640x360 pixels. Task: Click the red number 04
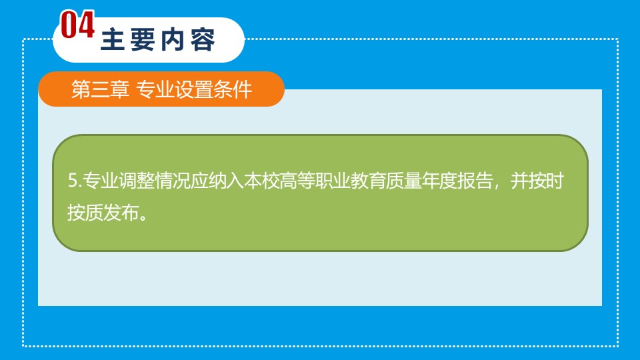(77, 25)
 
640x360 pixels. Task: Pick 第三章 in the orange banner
(101, 89)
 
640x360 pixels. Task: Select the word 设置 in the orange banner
(193, 89)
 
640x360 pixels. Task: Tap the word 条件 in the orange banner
(233, 89)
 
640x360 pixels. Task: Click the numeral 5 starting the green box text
(73, 181)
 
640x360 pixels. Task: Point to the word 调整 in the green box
(136, 181)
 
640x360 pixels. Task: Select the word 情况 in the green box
(172, 181)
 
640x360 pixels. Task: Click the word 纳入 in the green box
(226, 181)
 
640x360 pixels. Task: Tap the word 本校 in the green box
(261, 181)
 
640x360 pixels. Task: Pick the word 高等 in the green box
(297, 181)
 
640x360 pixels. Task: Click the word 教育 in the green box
(369, 181)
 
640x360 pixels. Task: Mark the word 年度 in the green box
(440, 181)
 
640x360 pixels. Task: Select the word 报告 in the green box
(475, 181)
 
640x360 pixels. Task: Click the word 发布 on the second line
(121, 213)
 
